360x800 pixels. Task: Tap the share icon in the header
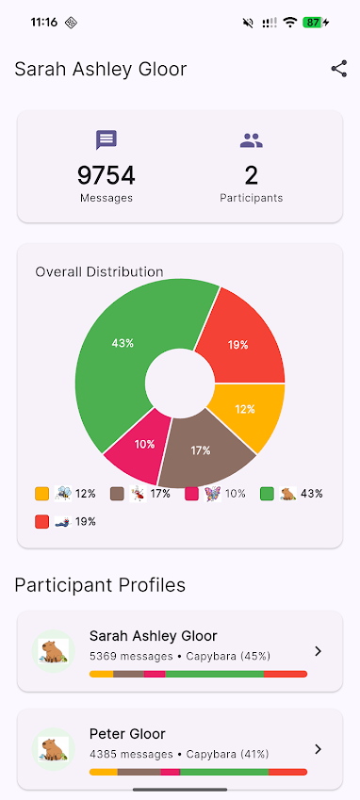(x=338, y=69)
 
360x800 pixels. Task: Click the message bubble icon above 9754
(x=106, y=140)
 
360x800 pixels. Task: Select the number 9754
(x=106, y=175)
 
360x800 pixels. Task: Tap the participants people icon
(x=252, y=140)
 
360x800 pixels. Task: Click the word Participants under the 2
(x=252, y=198)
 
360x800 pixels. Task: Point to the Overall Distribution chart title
(x=99, y=271)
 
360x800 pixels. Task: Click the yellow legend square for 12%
(x=41, y=494)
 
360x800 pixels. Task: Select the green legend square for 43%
(x=267, y=494)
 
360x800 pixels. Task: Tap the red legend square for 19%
(x=41, y=521)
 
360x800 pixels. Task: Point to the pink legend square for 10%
(x=191, y=494)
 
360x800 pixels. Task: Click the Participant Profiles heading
(x=100, y=585)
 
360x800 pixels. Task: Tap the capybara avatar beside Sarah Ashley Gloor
(x=53, y=651)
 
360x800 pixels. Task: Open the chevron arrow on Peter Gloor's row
(x=318, y=749)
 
